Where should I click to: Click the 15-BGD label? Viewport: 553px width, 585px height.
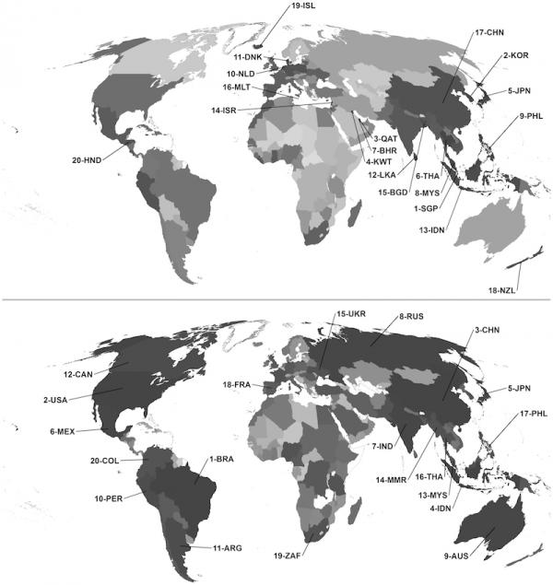[392, 192]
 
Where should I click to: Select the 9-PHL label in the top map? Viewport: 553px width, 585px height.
[534, 116]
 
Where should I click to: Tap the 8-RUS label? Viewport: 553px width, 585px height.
[412, 318]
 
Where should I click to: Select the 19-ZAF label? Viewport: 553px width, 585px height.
[288, 556]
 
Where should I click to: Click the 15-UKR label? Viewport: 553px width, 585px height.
[351, 314]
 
